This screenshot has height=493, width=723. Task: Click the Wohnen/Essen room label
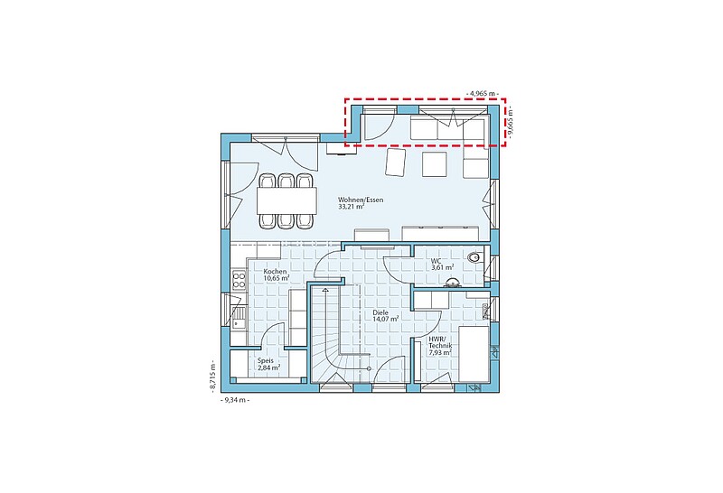click(361, 200)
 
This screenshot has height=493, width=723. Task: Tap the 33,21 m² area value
click(352, 207)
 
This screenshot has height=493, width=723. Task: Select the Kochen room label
click(275, 272)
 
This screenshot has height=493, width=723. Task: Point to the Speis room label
click(266, 361)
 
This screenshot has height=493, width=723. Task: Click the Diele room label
click(380, 312)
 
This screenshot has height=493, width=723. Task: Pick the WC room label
click(436, 261)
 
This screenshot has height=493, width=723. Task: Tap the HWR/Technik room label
click(440, 342)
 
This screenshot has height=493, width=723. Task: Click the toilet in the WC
click(474, 257)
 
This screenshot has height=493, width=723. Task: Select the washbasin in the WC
click(451, 283)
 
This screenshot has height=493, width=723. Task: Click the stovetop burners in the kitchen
click(239, 281)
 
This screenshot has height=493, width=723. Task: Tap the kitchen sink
click(239, 318)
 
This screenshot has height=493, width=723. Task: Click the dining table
click(286, 200)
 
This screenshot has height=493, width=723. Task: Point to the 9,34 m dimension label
click(236, 400)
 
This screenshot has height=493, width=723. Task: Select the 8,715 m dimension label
click(212, 377)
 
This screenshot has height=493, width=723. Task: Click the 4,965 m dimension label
click(483, 94)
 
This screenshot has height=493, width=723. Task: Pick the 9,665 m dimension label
click(510, 122)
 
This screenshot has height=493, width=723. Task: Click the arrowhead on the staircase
click(326, 290)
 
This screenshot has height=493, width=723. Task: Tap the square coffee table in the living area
click(435, 164)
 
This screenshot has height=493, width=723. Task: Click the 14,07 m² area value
click(386, 319)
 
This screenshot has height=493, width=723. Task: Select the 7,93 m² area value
click(440, 352)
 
